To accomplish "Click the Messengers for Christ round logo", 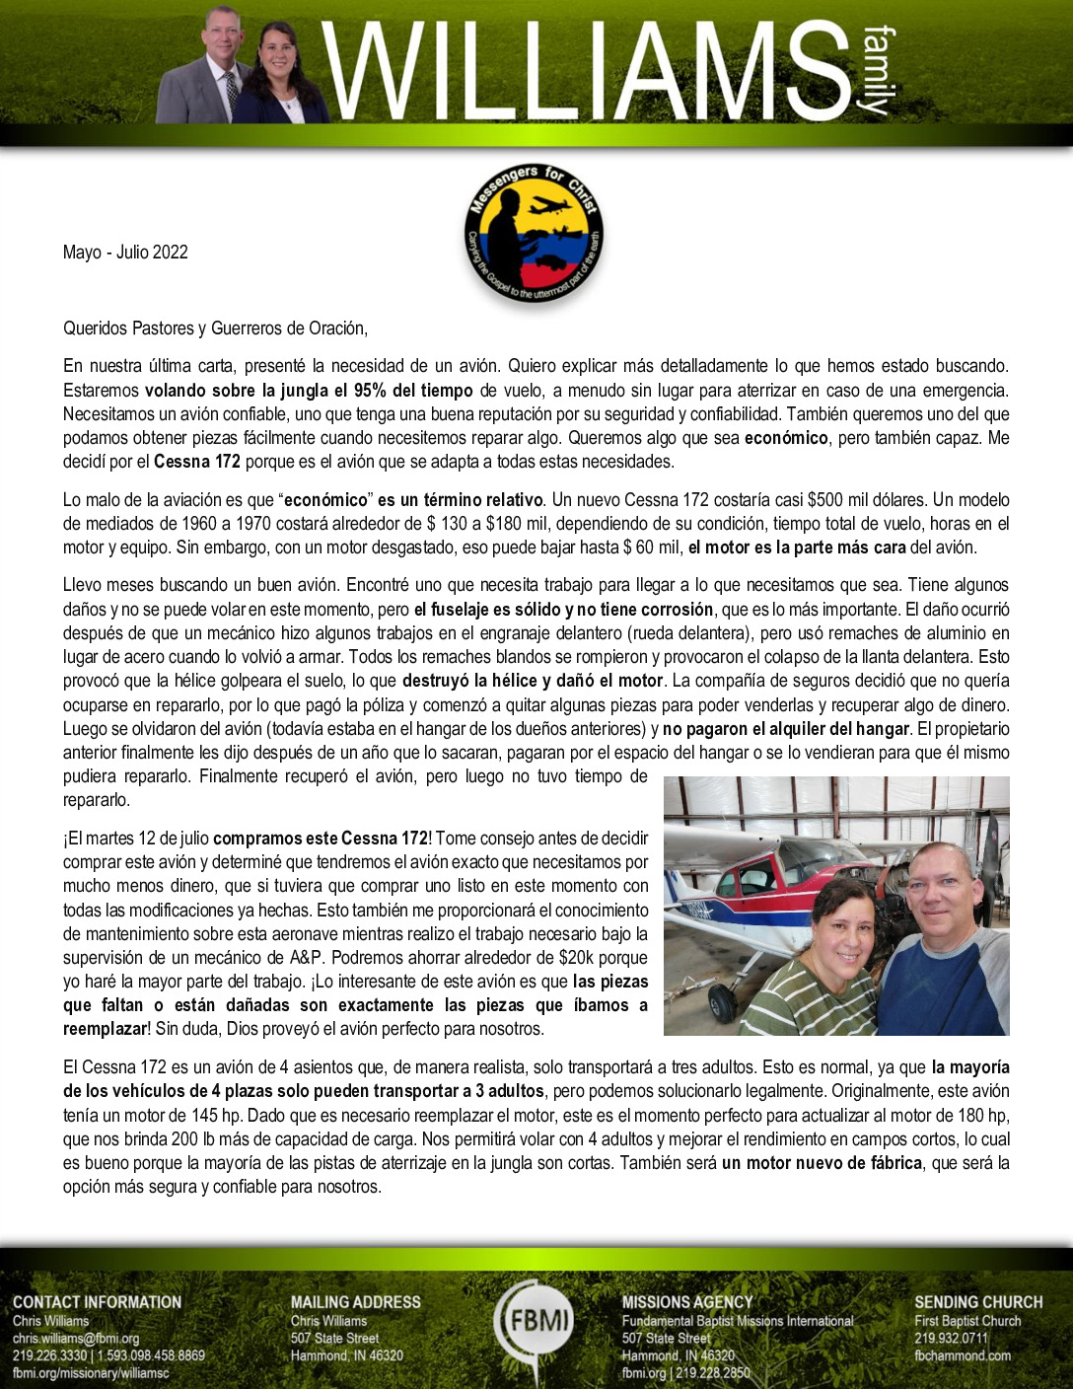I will pyautogui.click(x=535, y=234).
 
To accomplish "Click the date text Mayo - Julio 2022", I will pyautogui.click(x=125, y=253).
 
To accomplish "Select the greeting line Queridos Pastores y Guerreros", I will pyautogui.click(x=215, y=329).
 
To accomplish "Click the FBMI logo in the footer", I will pyautogui.click(x=536, y=1320).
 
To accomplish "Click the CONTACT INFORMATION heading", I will pyautogui.click(x=97, y=1302).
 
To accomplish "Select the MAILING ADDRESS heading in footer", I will pyautogui.click(x=355, y=1302).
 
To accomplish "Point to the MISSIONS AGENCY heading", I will pyautogui.click(x=687, y=1302).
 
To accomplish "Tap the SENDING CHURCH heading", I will pyautogui.click(x=978, y=1302).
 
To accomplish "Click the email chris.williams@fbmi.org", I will pyautogui.click(x=76, y=1339).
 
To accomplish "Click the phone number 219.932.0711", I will pyautogui.click(x=951, y=1339).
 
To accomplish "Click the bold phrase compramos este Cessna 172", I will pyautogui.click(x=321, y=840).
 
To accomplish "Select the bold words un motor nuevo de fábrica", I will pyautogui.click(x=822, y=1163).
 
